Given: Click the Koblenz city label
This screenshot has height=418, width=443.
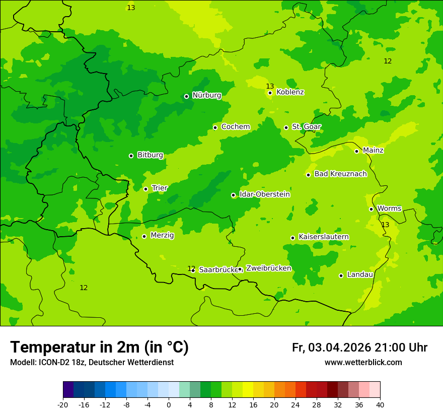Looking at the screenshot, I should [290, 92].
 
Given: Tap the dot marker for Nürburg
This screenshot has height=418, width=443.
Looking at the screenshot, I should [186, 96].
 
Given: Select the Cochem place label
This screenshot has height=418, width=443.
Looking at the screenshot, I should [235, 127].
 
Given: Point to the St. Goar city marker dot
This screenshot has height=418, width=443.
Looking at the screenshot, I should [286, 127].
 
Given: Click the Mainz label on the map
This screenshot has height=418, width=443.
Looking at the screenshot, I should [373, 151].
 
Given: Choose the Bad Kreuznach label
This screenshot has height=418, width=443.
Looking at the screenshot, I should [340, 174].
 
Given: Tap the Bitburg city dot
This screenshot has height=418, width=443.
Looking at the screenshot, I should [131, 156].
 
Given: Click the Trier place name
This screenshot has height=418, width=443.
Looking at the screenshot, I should [160, 188].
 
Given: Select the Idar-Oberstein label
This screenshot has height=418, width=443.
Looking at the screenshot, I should [264, 194].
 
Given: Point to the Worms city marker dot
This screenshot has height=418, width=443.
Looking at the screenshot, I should [371, 209].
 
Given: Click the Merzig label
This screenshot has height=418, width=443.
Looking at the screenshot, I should [162, 236].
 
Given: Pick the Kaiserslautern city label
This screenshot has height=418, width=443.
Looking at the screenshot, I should [323, 237].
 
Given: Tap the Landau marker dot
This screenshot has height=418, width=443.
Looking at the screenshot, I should [341, 275].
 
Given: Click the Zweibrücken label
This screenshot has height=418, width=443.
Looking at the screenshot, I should [268, 268].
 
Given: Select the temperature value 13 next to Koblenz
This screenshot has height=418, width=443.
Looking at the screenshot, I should [270, 86].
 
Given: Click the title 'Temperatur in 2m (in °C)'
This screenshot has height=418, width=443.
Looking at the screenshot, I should [99, 347].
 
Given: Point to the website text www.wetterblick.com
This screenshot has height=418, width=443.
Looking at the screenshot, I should [363, 363].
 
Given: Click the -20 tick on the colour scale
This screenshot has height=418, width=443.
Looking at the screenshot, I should [63, 405].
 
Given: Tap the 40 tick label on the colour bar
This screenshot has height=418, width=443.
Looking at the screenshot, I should [380, 405].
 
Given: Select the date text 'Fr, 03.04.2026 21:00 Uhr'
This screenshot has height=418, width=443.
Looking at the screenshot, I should [359, 347].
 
